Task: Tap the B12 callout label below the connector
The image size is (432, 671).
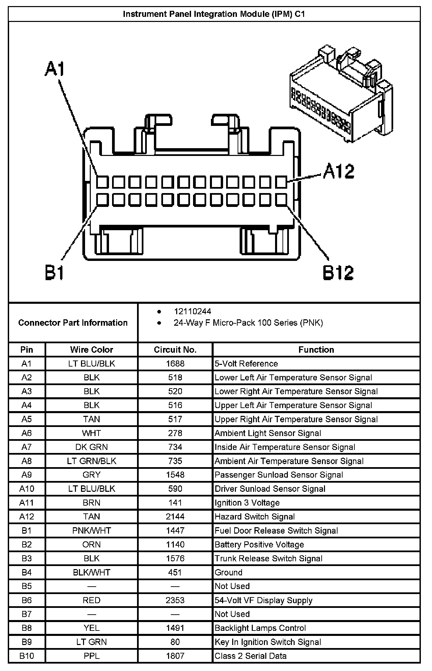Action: (338, 273)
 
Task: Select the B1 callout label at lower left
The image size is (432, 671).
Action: (54, 272)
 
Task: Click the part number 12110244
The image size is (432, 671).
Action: (192, 311)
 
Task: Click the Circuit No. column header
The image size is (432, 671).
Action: (175, 350)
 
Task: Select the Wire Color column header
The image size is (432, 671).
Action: (91, 350)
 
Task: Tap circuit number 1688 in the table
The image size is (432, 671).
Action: (175, 364)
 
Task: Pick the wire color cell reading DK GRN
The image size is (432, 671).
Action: (91, 447)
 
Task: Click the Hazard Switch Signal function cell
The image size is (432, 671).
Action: (254, 516)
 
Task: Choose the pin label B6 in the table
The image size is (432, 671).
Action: (27, 600)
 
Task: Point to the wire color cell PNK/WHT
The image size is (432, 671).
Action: (91, 530)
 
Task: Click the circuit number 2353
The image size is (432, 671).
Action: (175, 600)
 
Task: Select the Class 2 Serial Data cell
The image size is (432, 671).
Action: (250, 656)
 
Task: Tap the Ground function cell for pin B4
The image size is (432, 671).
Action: (228, 572)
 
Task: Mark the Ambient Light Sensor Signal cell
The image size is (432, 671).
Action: (268, 433)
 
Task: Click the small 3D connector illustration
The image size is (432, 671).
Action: (341, 95)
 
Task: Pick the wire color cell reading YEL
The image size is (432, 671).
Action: (91, 628)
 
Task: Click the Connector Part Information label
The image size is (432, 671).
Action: (73, 323)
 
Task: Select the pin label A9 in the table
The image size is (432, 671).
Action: (27, 475)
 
